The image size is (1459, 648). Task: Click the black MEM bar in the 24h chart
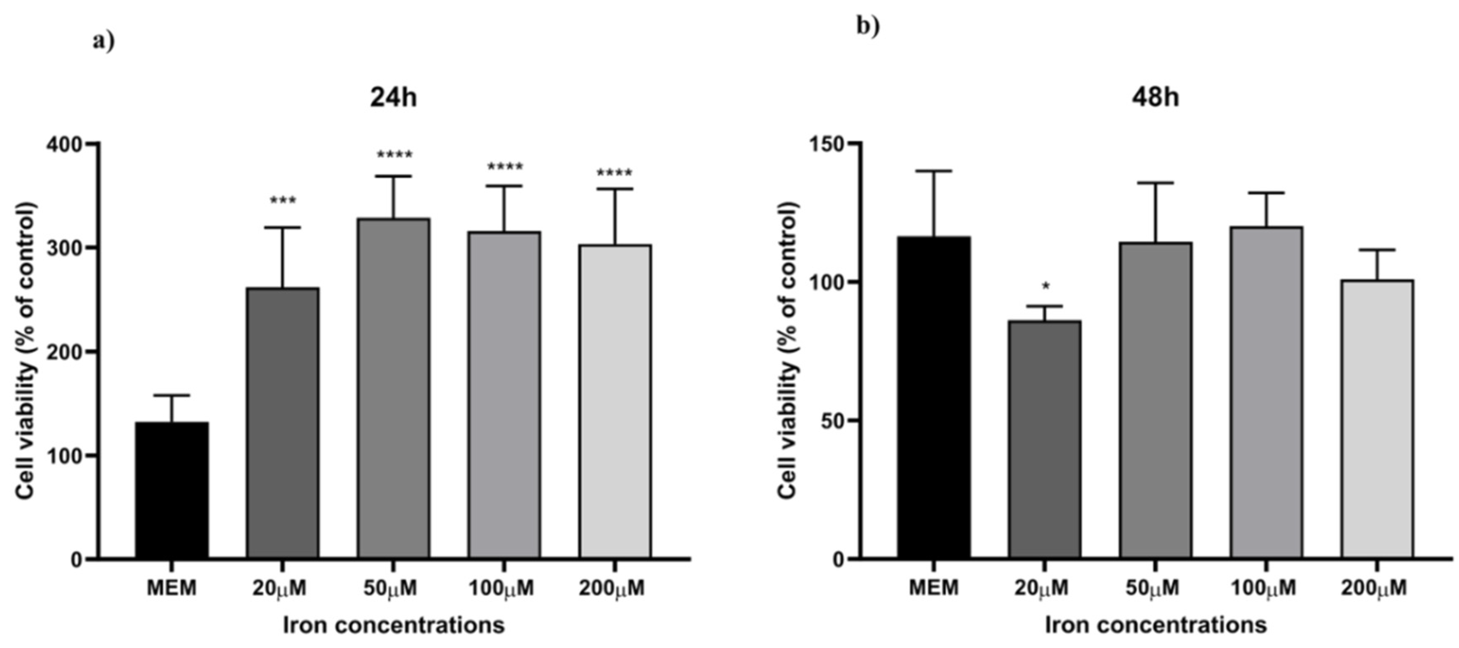(x=172, y=490)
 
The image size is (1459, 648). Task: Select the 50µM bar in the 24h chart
(x=393, y=388)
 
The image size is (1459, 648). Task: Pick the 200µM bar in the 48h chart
(x=1376, y=419)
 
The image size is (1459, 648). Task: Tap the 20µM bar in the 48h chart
(x=1044, y=439)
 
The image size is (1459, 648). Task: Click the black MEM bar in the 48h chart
(x=933, y=396)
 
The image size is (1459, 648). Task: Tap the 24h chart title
(x=393, y=97)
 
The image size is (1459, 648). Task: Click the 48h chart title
(x=1156, y=97)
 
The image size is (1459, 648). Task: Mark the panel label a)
(x=103, y=41)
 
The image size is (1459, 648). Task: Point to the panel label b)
(x=868, y=26)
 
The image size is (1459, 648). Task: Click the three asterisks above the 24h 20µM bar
(x=283, y=201)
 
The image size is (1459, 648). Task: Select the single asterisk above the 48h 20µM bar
(x=1046, y=286)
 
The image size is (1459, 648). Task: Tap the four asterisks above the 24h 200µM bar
(x=614, y=173)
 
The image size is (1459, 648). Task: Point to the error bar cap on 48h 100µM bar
(x=1266, y=193)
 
